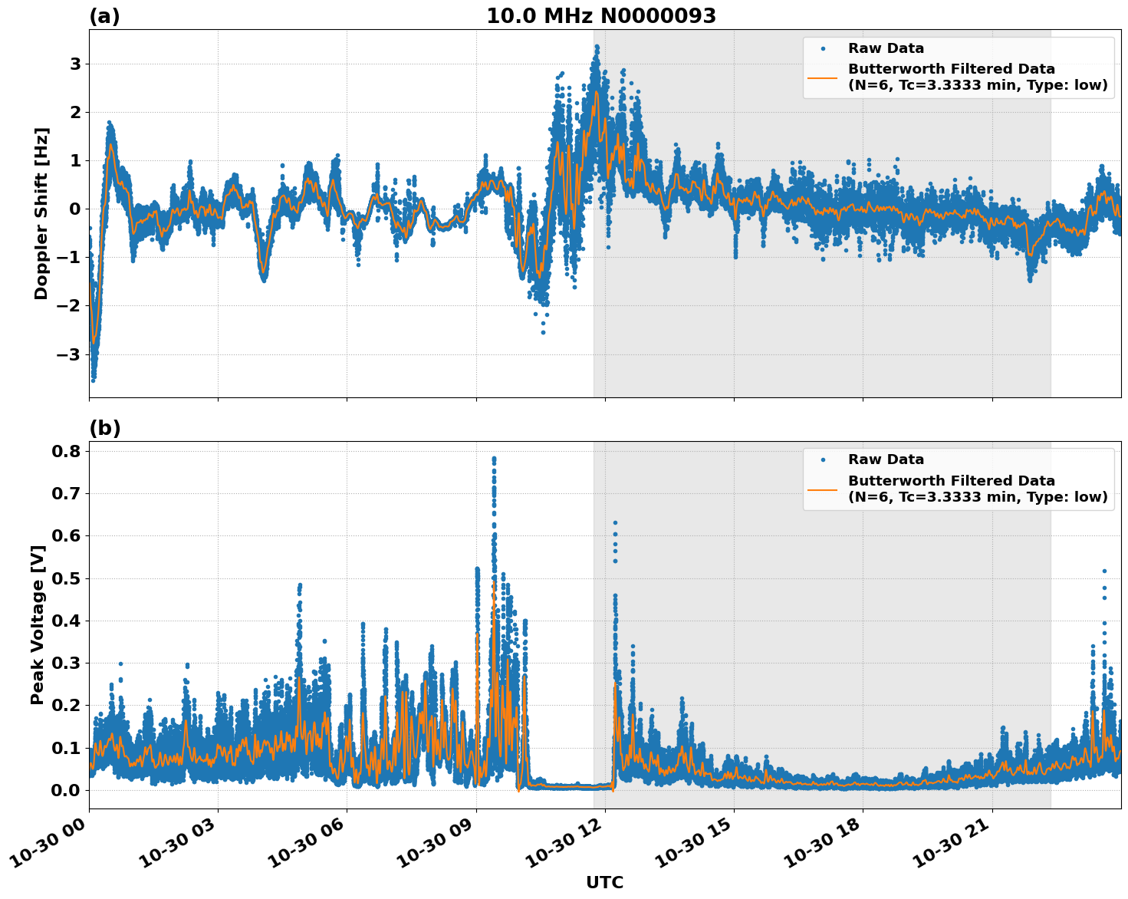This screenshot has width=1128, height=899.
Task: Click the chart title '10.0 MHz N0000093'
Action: coord(600,16)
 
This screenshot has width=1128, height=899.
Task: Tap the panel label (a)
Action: coord(104,16)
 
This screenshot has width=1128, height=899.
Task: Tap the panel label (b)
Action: coord(104,428)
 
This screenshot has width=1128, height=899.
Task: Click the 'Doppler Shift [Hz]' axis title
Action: coord(41,213)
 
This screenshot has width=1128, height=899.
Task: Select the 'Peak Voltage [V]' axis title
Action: coord(38,624)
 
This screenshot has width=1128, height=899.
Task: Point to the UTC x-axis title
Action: coord(604,882)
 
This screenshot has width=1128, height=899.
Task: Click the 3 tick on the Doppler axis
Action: coord(74,64)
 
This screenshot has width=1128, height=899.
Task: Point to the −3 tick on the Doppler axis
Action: coord(70,354)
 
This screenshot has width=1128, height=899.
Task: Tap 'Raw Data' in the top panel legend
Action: coord(886,48)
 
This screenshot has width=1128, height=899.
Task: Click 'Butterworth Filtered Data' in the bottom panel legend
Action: coord(951,481)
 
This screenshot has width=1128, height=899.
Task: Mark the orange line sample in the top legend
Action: coord(822,77)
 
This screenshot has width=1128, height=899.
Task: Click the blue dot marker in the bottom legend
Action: coord(822,459)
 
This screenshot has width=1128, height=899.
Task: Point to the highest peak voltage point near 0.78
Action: coord(494,459)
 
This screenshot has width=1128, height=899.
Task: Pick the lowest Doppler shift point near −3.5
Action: coord(93,380)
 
